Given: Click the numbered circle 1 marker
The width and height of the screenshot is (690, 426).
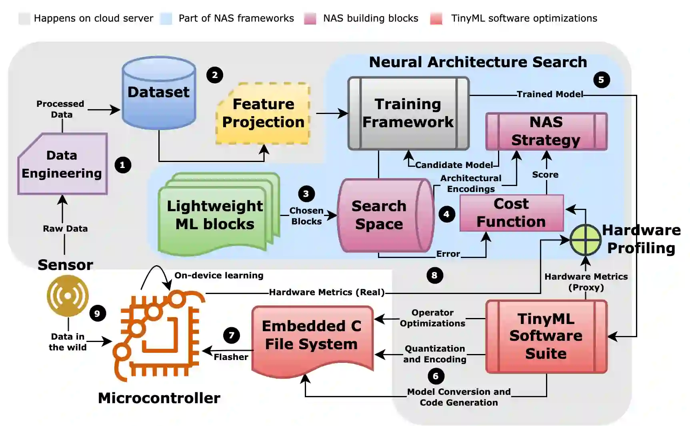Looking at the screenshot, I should (122, 165).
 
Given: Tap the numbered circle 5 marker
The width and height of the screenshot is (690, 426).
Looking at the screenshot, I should (601, 80).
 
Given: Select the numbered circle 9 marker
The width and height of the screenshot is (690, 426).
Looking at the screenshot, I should (97, 313).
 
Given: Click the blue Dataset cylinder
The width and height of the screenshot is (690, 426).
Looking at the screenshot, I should (159, 93).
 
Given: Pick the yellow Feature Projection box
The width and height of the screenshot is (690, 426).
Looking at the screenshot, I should (263, 113).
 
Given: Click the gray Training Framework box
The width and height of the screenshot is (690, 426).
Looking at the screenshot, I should (408, 113).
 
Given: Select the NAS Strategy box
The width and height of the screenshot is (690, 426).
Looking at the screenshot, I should (546, 131).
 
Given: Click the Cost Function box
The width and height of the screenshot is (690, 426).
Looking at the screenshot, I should (511, 213).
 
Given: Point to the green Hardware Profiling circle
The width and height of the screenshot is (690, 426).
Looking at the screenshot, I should (585, 240).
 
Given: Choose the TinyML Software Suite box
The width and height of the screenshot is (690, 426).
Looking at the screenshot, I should (546, 336).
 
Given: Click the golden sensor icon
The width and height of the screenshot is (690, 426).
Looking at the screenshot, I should (68, 296).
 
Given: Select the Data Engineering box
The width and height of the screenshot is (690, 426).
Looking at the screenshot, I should (62, 164).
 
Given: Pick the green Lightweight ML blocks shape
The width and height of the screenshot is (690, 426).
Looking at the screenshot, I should (215, 215).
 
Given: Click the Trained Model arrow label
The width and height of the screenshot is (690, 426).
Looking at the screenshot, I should (550, 94).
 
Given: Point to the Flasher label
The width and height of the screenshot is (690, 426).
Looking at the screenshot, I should (231, 357).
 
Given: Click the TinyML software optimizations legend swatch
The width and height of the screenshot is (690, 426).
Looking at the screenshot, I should (436, 19).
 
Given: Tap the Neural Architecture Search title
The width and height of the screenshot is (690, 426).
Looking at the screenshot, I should (478, 62).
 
